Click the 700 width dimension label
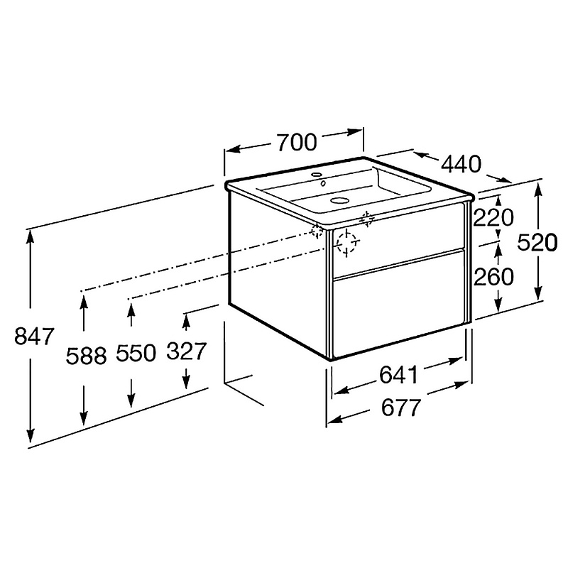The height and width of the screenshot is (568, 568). (297, 143)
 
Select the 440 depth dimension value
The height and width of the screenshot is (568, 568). (461, 164)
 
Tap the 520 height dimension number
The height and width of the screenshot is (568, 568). (537, 242)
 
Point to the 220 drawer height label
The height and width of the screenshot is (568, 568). (493, 218)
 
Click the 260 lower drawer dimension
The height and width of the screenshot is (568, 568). (493, 277)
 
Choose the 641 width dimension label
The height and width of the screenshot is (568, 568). (399, 375)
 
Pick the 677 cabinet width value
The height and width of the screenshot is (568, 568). (401, 408)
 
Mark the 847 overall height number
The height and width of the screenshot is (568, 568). (34, 336)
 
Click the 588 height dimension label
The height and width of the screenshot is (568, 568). (86, 356)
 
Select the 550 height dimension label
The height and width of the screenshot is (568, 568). (136, 353)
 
